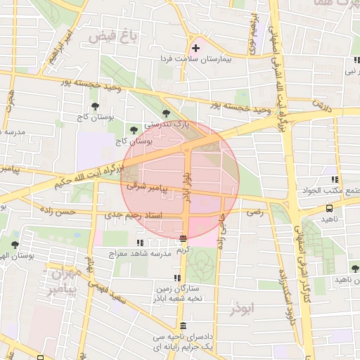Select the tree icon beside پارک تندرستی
click(x=166, y=112)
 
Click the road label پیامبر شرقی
click(x=145, y=188)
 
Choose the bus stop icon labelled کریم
click(x=184, y=239)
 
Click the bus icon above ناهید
click(x=329, y=208)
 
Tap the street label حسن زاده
click(x=76, y=211)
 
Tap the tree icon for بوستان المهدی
click(x=15, y=244)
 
